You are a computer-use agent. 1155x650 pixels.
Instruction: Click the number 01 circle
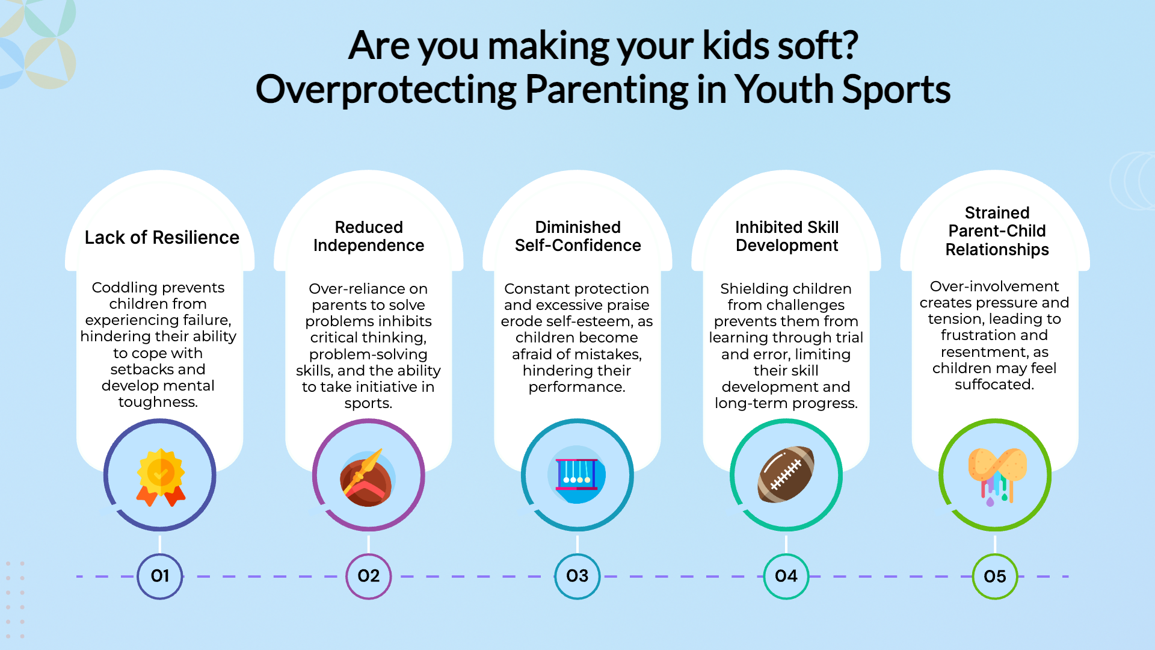[160, 577]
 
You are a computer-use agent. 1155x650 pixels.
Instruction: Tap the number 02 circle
[369, 577]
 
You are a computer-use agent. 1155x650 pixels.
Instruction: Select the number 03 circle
[577, 577]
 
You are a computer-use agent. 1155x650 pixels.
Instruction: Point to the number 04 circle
[786, 577]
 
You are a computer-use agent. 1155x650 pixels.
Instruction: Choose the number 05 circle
[995, 577]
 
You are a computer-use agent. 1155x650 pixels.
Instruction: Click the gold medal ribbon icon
[161, 477]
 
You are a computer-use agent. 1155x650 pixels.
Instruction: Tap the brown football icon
[786, 474]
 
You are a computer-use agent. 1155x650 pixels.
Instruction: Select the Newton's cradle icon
[577, 475]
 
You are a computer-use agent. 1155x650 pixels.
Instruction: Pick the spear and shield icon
[367, 477]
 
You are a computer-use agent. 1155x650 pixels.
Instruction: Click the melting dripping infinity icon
[997, 476]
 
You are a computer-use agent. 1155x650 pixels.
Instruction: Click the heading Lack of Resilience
[162, 238]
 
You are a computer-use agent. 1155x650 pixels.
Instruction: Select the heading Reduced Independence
[369, 236]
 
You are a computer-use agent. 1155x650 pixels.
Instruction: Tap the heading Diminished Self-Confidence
[577, 236]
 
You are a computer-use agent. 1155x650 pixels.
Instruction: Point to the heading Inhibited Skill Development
[787, 236]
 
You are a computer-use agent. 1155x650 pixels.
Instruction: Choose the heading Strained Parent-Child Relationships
[997, 231]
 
